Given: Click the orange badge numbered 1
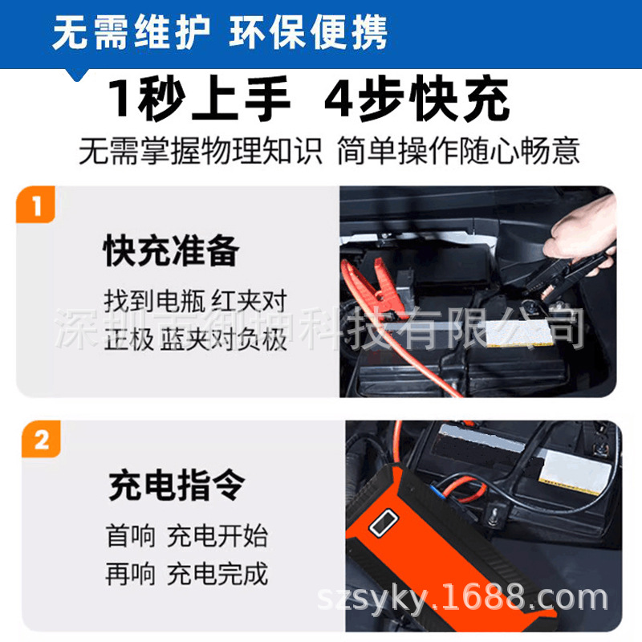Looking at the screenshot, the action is pos(35,205).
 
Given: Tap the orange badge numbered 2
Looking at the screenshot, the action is pos(41,439).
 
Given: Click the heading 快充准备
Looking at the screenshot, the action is pos(171,250).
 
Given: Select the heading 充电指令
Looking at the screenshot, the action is pos(177,485).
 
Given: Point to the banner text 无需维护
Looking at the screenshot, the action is pos(131,32).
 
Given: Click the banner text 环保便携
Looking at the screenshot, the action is pos(308,32).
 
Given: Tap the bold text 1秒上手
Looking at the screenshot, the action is pos(199,98).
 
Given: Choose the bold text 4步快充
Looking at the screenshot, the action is pos(417,98).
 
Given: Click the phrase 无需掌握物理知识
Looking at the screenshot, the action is pos(200,151).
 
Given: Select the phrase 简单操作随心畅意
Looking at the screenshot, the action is pos(458,151).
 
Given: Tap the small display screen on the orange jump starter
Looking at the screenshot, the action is pos(384,522).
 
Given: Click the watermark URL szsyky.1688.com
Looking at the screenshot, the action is pos(463,599).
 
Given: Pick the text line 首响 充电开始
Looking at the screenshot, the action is pos(187,535).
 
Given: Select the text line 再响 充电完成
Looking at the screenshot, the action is pos(187,574).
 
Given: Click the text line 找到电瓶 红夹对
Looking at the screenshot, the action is pos(195,301).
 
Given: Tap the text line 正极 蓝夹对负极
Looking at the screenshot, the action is pos(195,339).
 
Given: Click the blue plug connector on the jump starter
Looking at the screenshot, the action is pos(437,490).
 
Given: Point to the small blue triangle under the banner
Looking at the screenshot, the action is pos(77,75).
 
